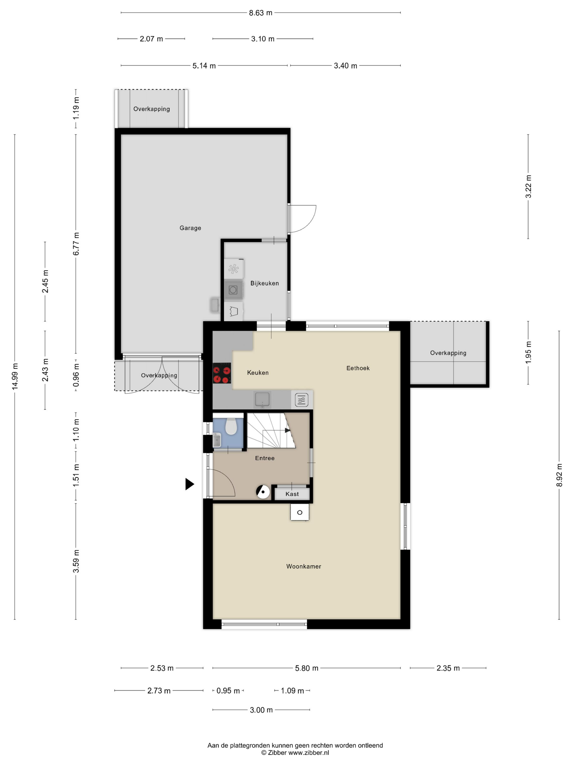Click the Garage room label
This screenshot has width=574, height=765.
click(190, 228)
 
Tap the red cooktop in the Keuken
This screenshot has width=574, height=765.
click(221, 373)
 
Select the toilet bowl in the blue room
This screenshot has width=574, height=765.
click(231, 427)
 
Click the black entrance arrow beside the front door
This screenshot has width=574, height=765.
click(189, 484)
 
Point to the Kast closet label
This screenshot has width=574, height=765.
click(292, 494)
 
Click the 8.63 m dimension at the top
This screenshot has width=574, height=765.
click(260, 13)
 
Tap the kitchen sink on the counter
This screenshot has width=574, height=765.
click(262, 399)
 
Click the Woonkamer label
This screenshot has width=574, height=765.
click(303, 566)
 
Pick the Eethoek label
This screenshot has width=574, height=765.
click(358, 368)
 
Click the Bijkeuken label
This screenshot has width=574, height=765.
click(264, 283)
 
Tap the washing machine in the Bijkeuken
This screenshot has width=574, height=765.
click(233, 290)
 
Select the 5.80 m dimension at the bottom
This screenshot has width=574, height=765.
click(306, 668)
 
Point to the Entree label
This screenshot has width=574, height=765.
click(265, 458)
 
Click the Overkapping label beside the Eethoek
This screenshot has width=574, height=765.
click(448, 353)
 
